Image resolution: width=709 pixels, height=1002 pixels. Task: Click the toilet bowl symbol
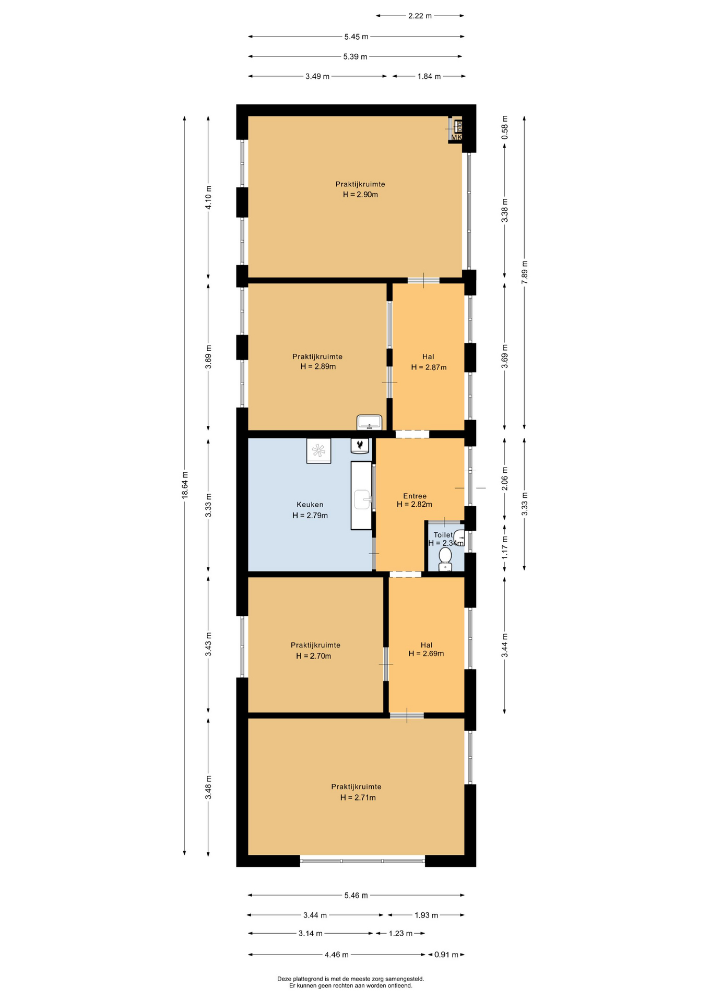point(445,559)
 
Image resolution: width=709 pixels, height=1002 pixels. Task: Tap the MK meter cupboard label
point(456,138)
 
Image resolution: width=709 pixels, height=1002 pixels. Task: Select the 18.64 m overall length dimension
point(185,485)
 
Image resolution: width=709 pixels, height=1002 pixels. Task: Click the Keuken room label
point(310,505)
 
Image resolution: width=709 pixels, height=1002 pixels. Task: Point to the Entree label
point(415,496)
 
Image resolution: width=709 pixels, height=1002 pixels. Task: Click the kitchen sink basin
point(362,499)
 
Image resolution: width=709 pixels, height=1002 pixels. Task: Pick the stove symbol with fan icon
point(318,450)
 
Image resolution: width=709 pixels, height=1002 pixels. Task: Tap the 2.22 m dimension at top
point(420,16)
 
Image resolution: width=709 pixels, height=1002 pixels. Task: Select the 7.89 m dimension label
point(525,272)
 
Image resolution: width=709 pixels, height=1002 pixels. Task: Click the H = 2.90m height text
point(360,195)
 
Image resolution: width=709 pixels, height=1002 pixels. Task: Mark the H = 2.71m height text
point(358,797)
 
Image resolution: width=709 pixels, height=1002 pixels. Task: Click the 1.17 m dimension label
point(505,547)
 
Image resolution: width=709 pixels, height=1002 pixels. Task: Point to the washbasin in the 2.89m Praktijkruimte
point(370,422)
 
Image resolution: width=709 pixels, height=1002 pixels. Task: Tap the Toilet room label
point(443,535)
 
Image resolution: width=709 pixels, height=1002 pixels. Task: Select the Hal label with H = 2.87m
point(428,356)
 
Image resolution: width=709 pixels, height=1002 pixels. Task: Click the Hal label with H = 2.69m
point(427,645)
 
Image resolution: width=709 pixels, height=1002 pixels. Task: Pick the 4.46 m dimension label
point(336,955)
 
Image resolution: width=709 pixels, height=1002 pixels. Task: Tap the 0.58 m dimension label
point(505,127)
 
